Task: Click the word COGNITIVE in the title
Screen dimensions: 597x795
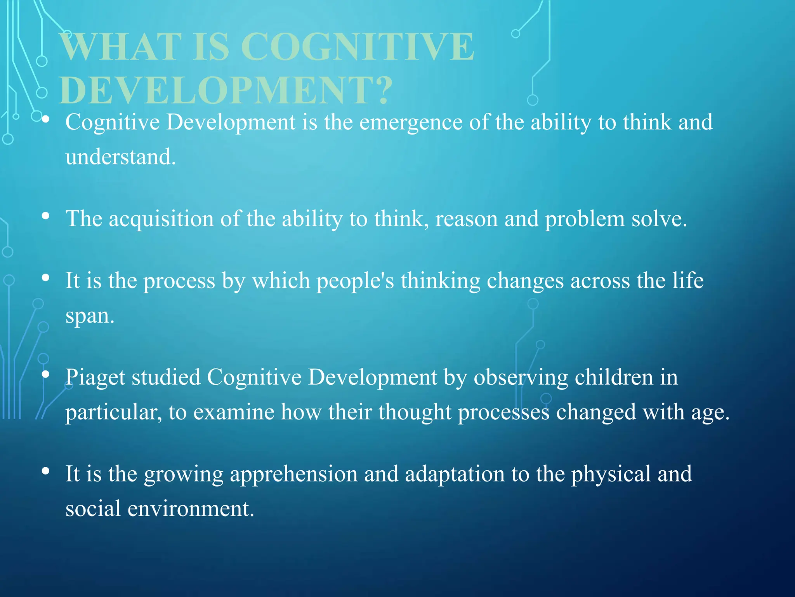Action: pos(357,47)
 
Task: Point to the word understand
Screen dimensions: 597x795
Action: pos(120,157)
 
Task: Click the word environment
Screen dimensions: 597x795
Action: pos(191,509)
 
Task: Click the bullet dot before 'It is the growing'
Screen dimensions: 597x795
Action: pos(46,471)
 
